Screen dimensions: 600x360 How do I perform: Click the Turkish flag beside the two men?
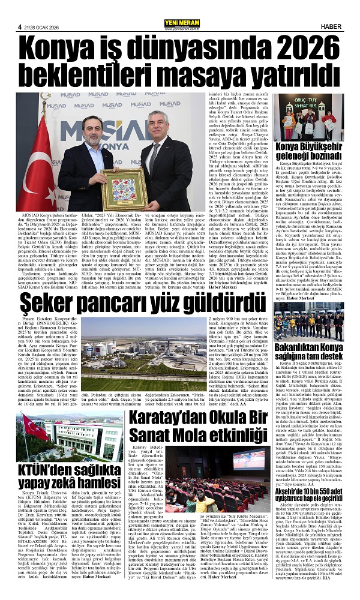(39, 162)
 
